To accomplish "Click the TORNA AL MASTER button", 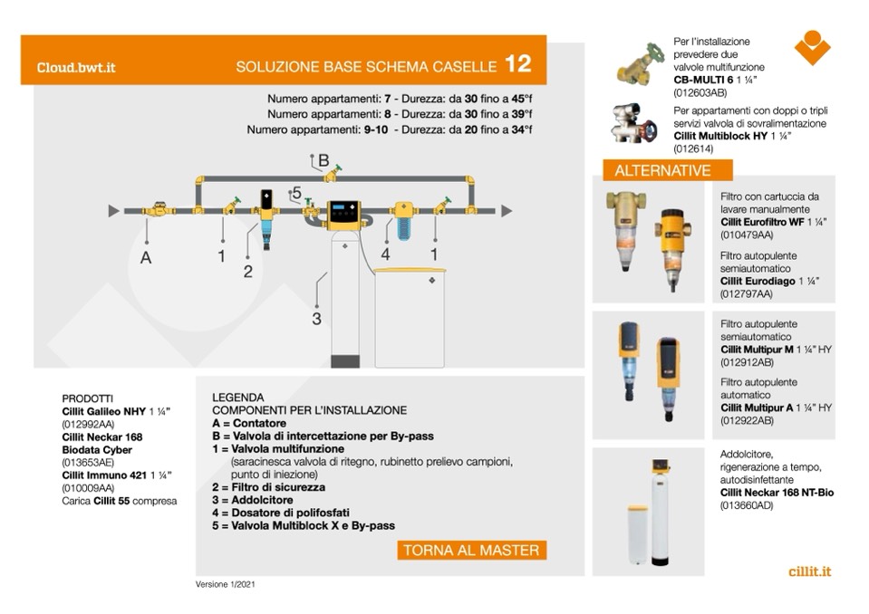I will [471, 550].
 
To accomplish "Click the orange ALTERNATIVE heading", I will [662, 170].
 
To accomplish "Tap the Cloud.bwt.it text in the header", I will [76, 67].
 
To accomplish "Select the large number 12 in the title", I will [518, 64].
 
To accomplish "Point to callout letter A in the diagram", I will [146, 257].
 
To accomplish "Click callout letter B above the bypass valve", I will [323, 159].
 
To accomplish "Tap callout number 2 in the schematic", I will [247, 271].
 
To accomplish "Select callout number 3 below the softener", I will [316, 318].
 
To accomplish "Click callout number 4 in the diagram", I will [385, 255].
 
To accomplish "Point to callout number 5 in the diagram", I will [295, 193].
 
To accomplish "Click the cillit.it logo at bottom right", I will [810, 571].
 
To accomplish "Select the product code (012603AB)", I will [700, 92].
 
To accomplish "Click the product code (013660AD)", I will [748, 505].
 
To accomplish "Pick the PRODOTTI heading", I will [88, 398].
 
